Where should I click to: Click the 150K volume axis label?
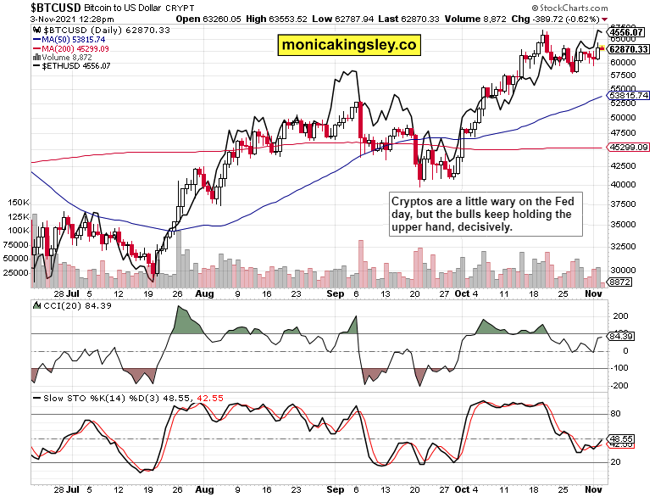tap(18, 204)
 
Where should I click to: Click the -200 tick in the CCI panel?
tap(619, 386)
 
